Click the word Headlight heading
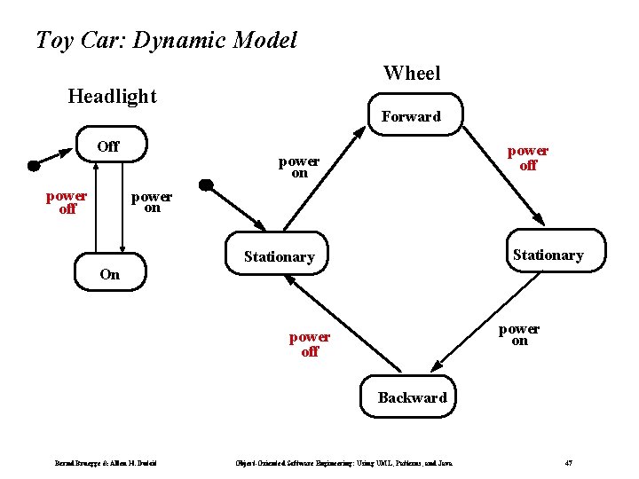click(112, 96)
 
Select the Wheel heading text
click(411, 73)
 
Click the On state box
click(109, 274)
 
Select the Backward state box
click(412, 397)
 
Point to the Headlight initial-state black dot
click(34, 164)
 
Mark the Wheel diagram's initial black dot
click(206, 185)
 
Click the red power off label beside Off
click(67, 202)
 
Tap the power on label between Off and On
click(152, 201)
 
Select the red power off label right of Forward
click(527, 158)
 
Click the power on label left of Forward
click(299, 167)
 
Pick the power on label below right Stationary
click(518, 334)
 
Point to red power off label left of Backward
click(309, 344)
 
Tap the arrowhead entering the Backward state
click(436, 367)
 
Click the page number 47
click(569, 463)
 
